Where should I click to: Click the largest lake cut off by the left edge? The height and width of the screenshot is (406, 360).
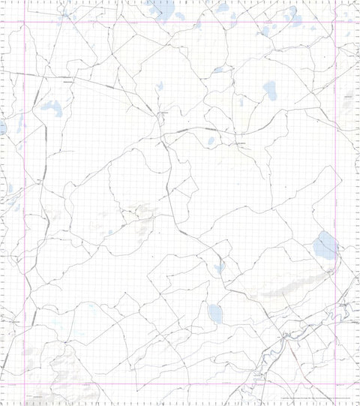point(2,126)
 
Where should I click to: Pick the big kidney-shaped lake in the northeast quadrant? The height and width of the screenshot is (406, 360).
point(269,92)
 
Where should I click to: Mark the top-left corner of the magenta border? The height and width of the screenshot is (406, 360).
point(26,22)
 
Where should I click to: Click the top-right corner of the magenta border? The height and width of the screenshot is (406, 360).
point(333,22)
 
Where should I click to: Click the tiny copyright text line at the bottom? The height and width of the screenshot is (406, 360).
point(315,398)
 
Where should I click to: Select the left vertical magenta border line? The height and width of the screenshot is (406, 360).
point(26,203)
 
